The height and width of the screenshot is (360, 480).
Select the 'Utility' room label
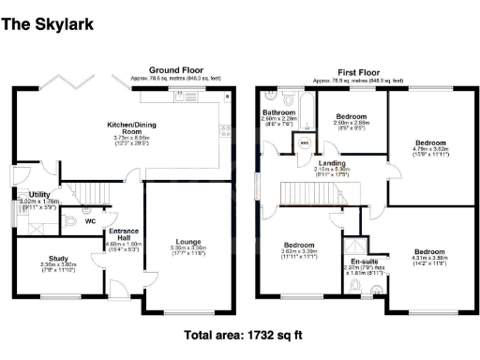(39, 193)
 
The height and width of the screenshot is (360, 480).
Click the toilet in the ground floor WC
(69, 222)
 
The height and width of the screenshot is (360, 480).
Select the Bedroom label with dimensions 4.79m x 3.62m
(433, 144)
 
